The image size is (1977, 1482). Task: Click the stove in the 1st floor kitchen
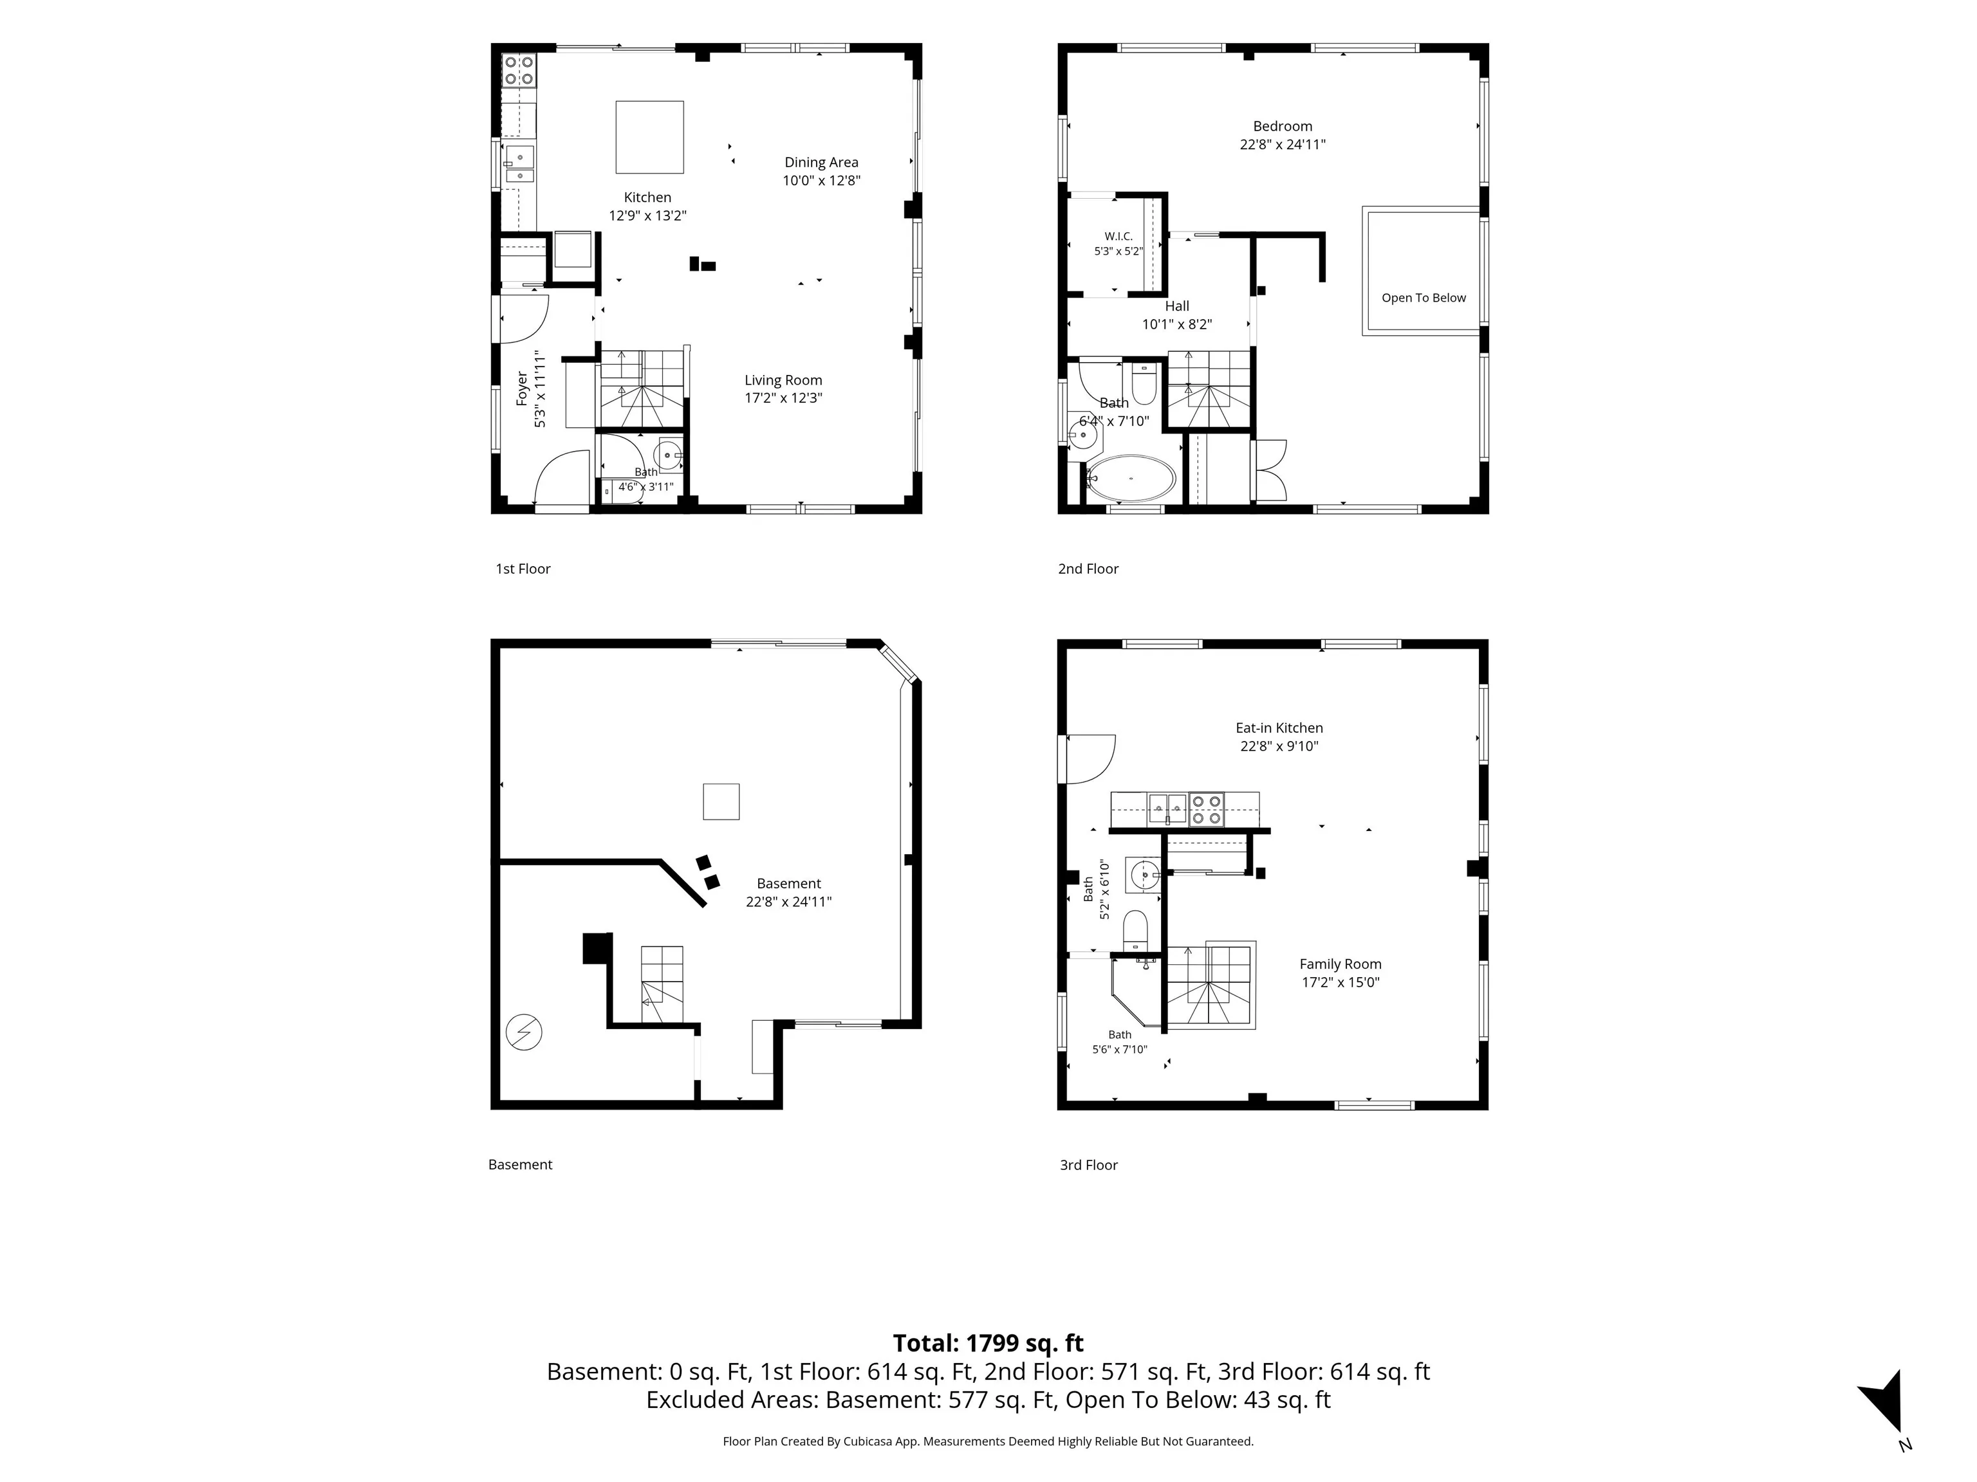click(519, 71)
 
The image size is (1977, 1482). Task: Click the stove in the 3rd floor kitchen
click(1205, 809)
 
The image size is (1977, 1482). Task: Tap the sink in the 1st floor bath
click(669, 454)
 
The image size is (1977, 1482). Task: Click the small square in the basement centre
click(721, 801)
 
